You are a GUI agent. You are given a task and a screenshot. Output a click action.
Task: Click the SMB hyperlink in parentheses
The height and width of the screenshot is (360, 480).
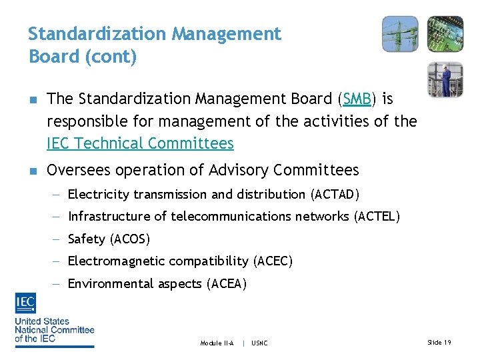tap(356, 99)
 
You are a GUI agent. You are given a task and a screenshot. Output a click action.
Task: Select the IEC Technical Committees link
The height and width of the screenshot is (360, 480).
tap(140, 143)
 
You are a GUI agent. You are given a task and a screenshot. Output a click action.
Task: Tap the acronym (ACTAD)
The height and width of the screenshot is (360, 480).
tap(335, 195)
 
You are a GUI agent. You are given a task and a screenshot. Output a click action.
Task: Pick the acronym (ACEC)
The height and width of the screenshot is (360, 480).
tap(273, 261)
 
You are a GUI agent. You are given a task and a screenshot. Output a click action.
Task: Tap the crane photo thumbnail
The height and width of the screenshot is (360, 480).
tap(400, 34)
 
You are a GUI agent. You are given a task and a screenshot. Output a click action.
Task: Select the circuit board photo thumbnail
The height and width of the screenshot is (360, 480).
tap(445, 34)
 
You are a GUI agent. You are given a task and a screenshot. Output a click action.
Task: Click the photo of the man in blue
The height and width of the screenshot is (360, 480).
tap(445, 79)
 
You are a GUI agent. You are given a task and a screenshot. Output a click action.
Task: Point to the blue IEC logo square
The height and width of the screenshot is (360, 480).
tap(25, 304)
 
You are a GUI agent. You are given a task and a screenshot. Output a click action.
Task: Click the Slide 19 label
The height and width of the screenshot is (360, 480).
tap(439, 342)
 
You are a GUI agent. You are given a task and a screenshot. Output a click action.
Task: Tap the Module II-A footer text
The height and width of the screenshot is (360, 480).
tap(217, 343)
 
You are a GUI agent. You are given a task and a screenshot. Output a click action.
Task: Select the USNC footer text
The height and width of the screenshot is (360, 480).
tap(259, 343)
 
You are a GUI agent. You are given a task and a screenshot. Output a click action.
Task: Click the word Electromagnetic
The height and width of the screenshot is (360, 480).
tap(116, 261)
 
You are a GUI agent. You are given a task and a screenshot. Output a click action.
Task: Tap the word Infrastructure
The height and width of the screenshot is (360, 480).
tap(110, 217)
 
